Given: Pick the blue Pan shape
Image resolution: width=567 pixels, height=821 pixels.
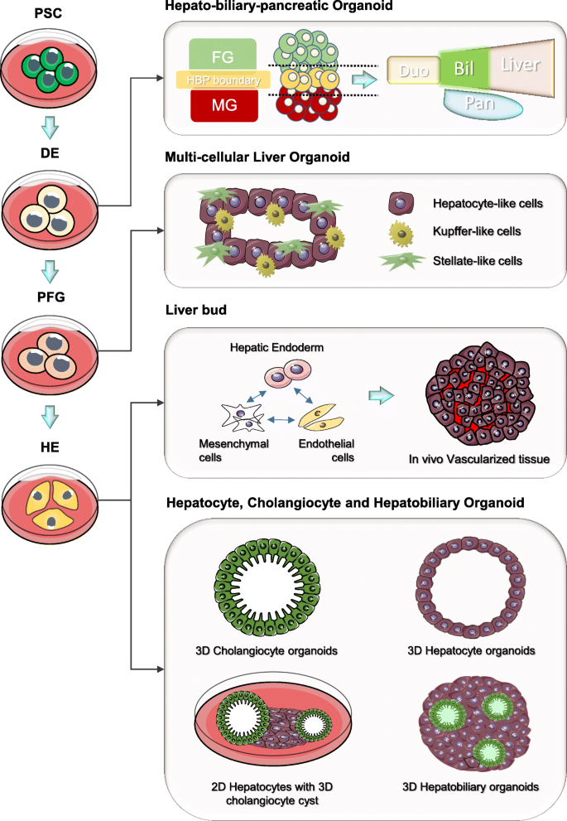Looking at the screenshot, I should (x=483, y=103).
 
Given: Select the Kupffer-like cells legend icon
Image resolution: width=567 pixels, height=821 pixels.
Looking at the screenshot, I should (x=402, y=232).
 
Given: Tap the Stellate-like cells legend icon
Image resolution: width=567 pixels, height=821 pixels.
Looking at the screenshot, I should (x=402, y=261).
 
